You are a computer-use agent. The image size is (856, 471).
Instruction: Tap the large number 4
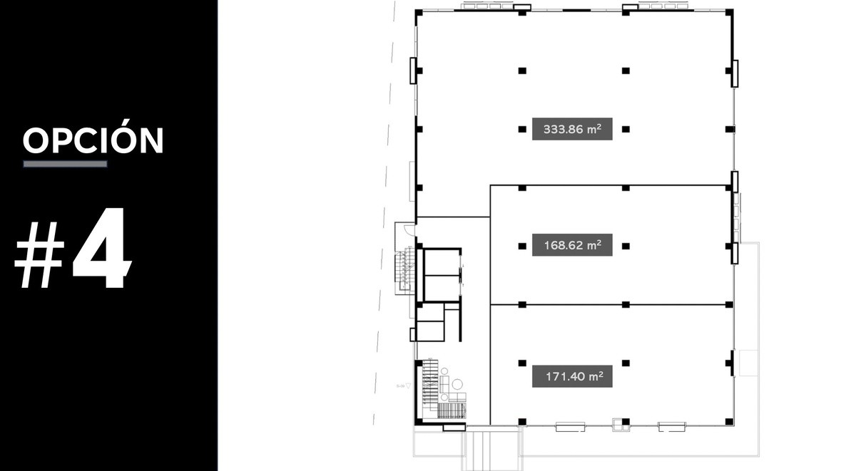pos(102,248)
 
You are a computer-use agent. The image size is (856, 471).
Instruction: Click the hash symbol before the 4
pos(39,255)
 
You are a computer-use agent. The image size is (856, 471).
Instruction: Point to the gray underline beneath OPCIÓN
pos(66,164)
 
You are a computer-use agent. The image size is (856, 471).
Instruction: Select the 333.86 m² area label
pos(572,129)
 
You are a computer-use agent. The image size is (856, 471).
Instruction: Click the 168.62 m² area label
pos(572,245)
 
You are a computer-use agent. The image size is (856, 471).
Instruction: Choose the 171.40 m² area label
pos(572,376)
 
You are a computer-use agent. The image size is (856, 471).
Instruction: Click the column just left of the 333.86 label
pos(522,130)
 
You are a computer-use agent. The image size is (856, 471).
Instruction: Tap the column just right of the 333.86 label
pos(626,130)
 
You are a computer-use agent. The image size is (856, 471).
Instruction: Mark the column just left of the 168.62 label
pos(522,246)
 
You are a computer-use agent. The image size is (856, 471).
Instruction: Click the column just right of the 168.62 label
pos(626,246)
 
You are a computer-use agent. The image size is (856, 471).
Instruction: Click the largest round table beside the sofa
pos(457,384)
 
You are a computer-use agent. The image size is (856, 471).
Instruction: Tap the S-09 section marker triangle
pos(408,386)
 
